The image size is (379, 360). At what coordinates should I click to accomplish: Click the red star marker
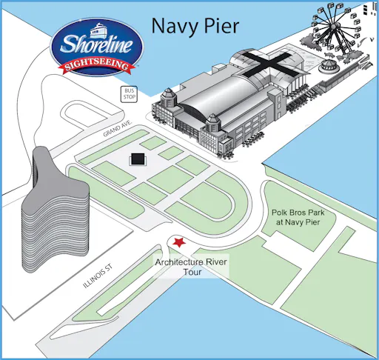click(178, 243)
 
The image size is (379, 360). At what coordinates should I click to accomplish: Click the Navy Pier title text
click(195, 26)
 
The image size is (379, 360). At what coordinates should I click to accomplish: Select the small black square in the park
click(137, 159)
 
